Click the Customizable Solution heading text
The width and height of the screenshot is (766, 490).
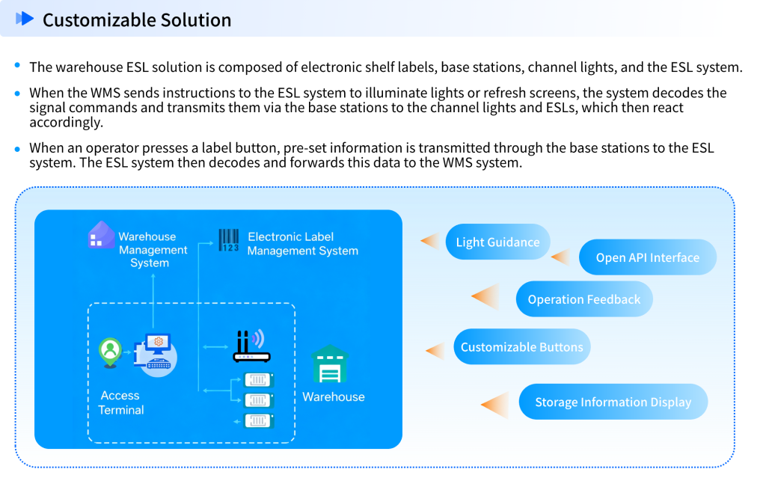point(137,20)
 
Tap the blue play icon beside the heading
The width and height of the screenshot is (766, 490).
point(25,19)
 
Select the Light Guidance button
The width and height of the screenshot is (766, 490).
point(497,242)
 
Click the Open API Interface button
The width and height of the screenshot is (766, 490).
point(648,257)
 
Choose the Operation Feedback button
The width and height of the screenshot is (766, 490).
point(584,299)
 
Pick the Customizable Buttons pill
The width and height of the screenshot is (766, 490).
point(522,347)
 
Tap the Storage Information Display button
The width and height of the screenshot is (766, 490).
point(613,402)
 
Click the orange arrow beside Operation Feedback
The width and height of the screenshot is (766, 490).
point(486,297)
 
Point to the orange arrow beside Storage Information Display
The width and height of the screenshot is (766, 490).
point(495,404)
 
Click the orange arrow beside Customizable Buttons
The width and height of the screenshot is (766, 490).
point(435,350)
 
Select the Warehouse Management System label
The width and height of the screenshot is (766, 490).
point(153,250)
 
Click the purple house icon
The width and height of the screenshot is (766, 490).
point(101,235)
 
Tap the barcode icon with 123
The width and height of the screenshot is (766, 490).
point(229,240)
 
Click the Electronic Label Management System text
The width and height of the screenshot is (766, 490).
point(302,244)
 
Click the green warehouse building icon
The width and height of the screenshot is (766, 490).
point(330,364)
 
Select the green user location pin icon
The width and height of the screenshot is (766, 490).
point(111,352)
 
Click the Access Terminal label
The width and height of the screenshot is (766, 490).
point(121,402)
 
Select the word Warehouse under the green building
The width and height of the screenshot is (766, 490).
point(334,396)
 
